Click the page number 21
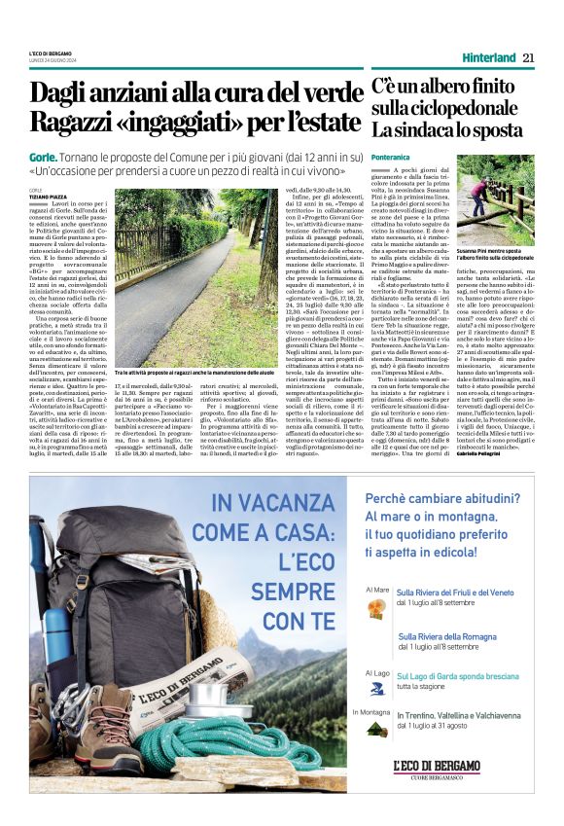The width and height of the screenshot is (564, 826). coord(528,57)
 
